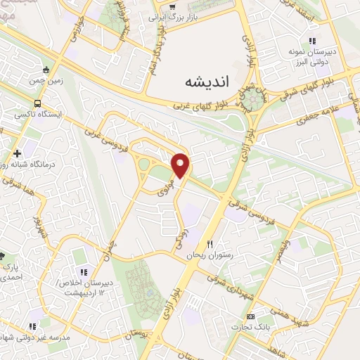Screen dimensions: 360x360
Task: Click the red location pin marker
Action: tap(181, 165)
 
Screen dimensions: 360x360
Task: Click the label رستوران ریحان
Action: tap(208, 256)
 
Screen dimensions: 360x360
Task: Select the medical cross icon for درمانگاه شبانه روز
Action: tap(15, 153)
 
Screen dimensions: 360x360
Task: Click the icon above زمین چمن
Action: tap(46, 70)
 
